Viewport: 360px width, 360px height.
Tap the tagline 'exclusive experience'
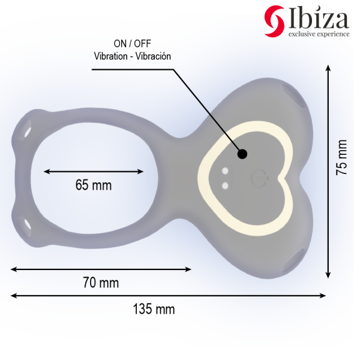click(319, 34)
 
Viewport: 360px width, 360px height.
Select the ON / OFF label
click(133, 44)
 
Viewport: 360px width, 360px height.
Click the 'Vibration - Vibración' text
click(133, 56)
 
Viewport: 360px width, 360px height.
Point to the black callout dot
click(242, 154)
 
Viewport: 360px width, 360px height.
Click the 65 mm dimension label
click(94, 185)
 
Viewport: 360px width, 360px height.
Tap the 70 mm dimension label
click(100, 283)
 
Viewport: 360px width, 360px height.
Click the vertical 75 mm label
click(341, 157)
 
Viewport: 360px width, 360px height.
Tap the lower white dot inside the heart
click(225, 185)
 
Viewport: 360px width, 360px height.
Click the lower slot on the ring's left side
click(28, 224)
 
